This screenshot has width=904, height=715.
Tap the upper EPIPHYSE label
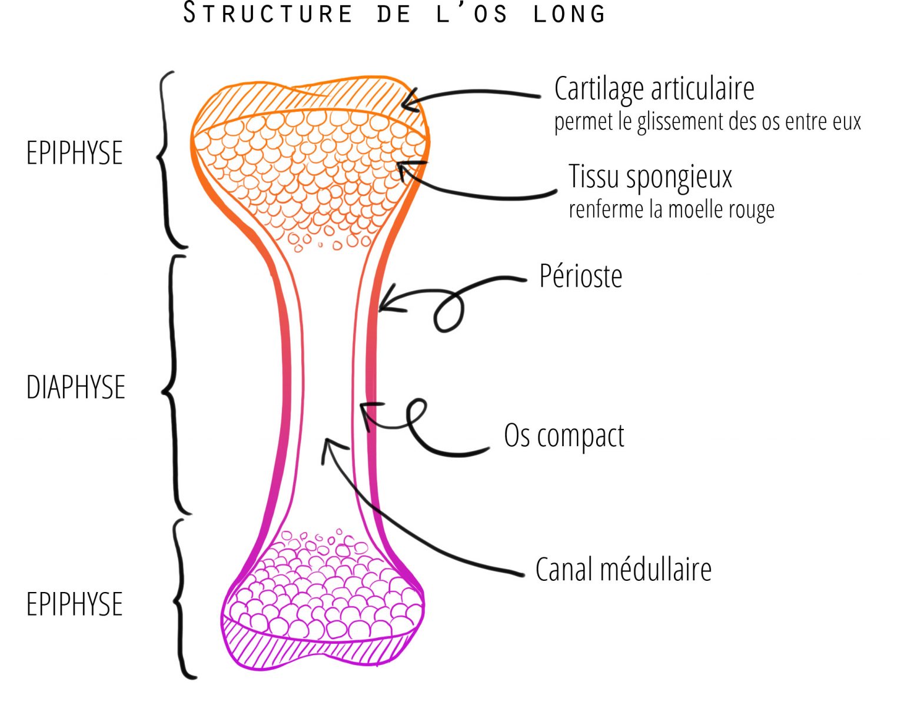[x=75, y=153]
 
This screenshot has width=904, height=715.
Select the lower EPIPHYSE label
[x=75, y=604]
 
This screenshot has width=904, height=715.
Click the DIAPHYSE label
[x=76, y=387]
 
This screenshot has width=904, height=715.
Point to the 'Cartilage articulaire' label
[x=654, y=89]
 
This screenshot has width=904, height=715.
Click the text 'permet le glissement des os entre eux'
[x=707, y=122]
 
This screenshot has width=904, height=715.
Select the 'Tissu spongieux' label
[x=650, y=177]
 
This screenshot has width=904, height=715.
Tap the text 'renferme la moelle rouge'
[x=671, y=209]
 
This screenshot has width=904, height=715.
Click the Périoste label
[x=580, y=276]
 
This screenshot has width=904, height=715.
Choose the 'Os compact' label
[x=564, y=436]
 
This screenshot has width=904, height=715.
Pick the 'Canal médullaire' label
[x=623, y=570]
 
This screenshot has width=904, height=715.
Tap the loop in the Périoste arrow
[x=448, y=314]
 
